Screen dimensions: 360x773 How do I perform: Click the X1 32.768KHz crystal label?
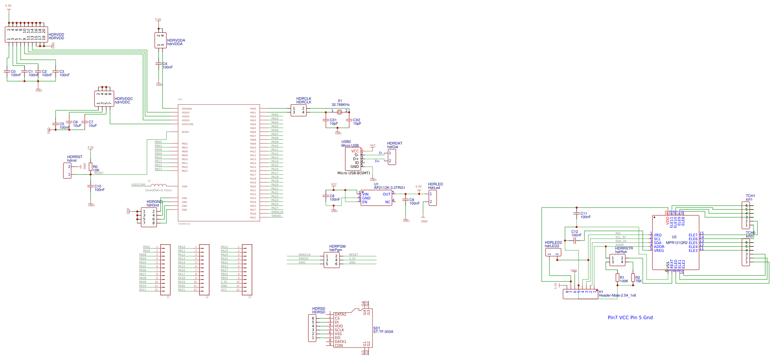point(340,103)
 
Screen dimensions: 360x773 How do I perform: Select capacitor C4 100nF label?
point(167,65)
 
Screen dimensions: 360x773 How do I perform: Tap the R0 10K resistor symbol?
point(91,167)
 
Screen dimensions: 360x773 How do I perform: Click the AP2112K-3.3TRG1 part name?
point(389,188)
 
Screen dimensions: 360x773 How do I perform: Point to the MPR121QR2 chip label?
point(677,243)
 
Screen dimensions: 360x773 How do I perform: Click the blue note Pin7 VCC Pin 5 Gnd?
point(630,318)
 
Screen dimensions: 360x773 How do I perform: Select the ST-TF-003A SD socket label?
point(383,332)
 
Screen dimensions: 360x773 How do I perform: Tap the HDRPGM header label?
point(337,246)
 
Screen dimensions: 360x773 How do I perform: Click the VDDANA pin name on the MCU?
point(187,109)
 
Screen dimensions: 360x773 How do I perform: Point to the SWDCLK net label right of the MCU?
point(277,212)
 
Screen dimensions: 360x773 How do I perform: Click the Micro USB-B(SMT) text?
point(353,173)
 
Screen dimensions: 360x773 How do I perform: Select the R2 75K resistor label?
point(638,279)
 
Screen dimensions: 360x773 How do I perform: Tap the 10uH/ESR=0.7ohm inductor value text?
point(158,190)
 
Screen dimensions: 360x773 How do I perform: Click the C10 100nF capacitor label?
point(99,188)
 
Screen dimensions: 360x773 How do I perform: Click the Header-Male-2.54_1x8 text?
point(617,295)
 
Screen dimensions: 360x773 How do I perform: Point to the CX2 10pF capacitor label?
point(357,122)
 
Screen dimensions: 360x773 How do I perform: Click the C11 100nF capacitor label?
point(585,215)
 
